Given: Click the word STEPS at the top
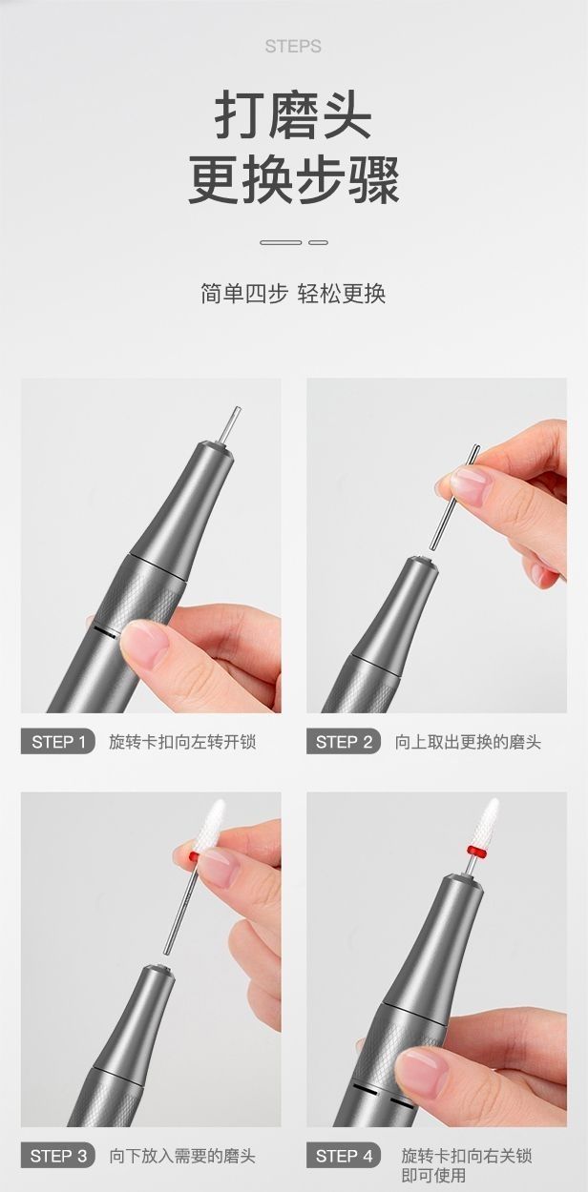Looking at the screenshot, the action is [293, 47].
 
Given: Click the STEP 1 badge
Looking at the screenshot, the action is [58, 742].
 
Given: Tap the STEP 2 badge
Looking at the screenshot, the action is [344, 742].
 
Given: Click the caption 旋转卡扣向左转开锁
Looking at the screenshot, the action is [182, 742].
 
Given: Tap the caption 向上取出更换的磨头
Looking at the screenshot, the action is [468, 742].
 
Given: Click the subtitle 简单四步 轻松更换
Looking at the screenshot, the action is [293, 293].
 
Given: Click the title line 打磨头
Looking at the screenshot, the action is [293, 115].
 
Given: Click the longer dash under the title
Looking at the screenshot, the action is [281, 242].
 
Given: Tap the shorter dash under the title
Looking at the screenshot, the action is [318, 242].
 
